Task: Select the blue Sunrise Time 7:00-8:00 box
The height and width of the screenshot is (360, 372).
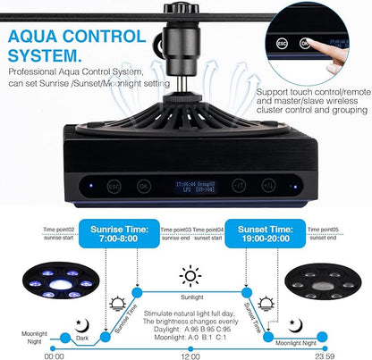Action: click(x=119, y=236)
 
